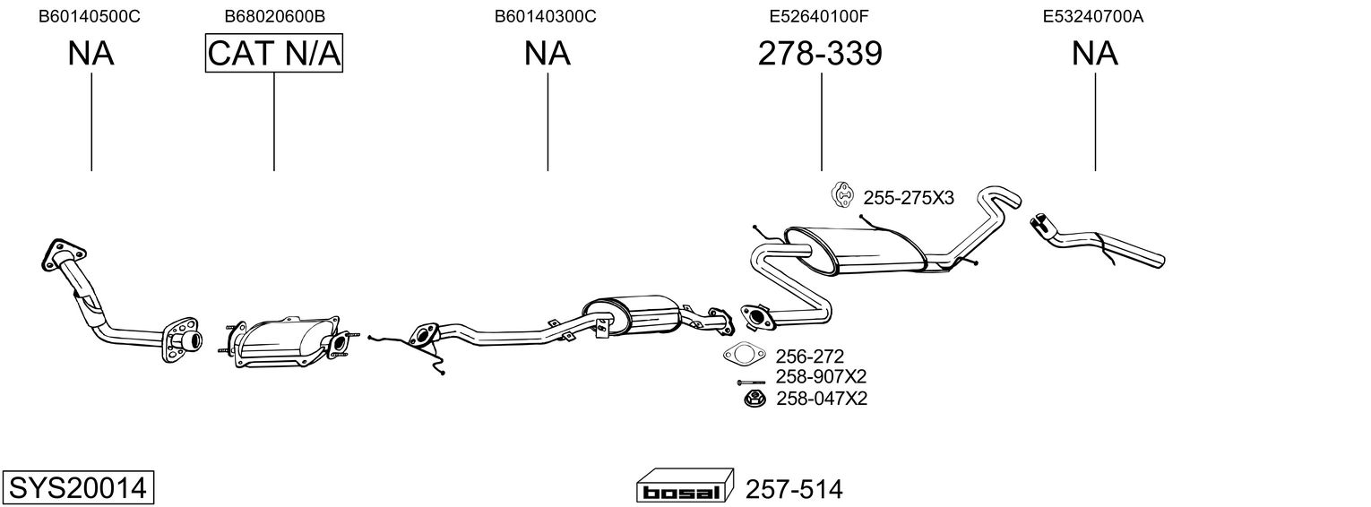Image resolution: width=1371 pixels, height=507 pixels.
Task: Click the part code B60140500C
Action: (90, 16)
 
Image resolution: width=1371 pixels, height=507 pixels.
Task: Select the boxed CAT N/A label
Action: (274, 54)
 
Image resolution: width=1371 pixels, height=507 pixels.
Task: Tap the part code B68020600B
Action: (274, 16)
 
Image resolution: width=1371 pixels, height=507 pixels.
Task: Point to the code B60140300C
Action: (546, 16)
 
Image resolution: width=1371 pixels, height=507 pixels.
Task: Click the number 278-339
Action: (820, 54)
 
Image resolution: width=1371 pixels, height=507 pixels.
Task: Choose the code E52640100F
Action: (819, 16)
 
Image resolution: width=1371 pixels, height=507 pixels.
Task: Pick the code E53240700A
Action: (1093, 16)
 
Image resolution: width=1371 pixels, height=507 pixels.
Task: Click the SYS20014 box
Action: (78, 487)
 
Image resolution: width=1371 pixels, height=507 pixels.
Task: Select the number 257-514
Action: (794, 489)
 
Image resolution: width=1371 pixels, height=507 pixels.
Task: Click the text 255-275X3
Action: (909, 198)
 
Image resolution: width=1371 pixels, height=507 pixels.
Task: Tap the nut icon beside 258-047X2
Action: (754, 398)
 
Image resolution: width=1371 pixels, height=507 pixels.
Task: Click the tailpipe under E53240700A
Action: (1102, 245)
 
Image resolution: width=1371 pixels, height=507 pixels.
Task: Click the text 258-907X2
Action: (821, 377)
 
